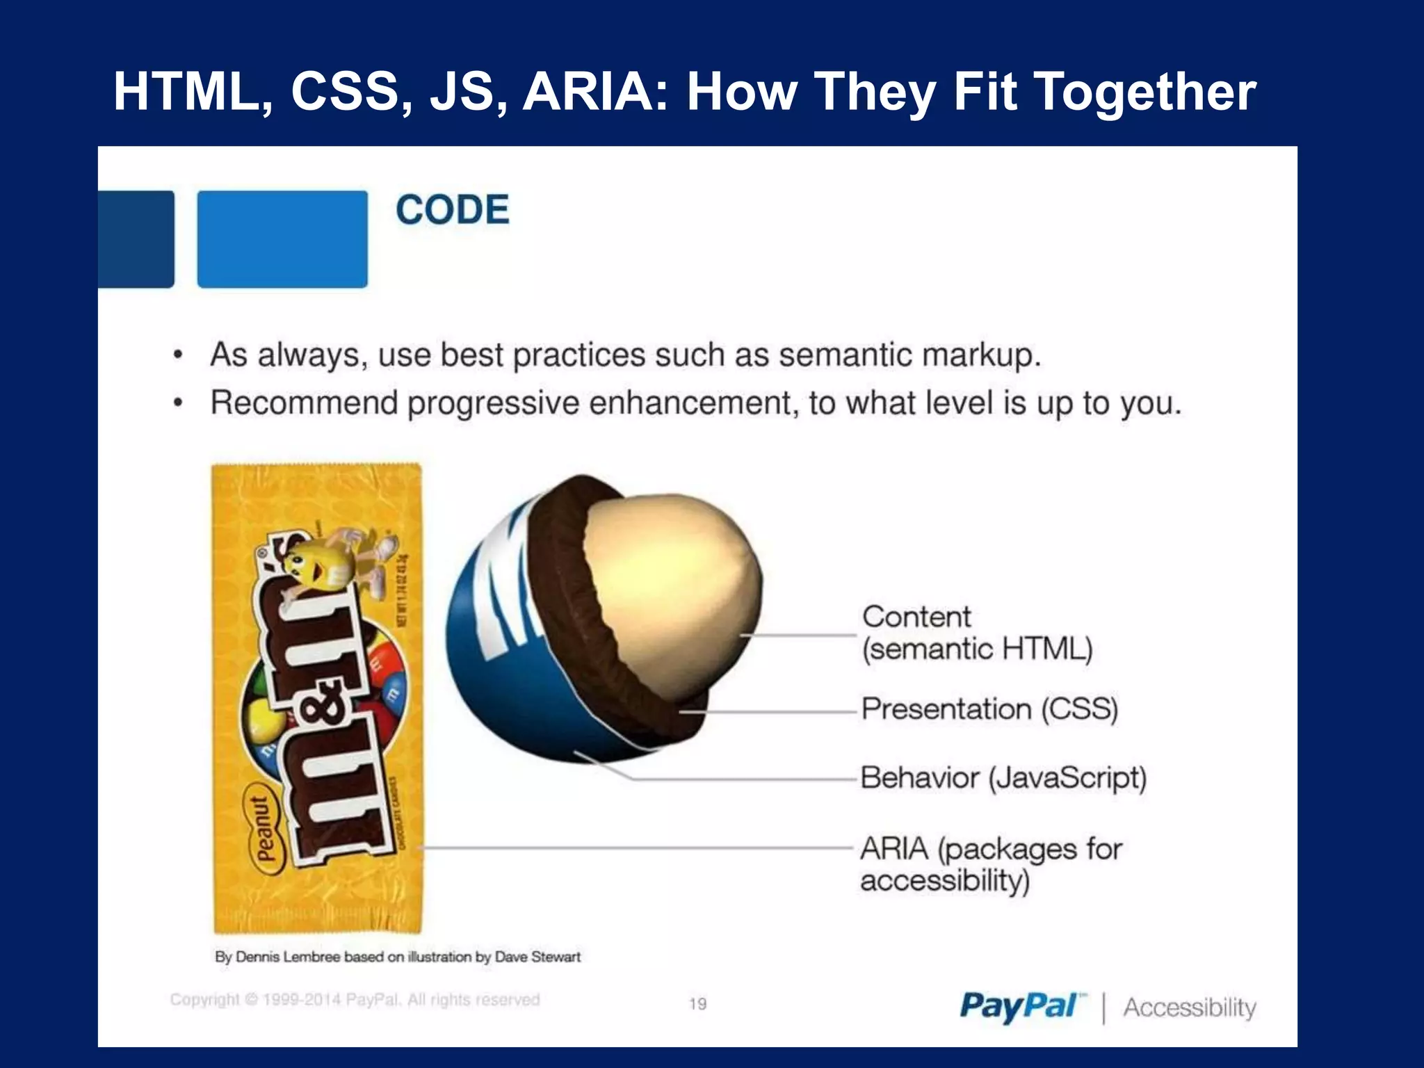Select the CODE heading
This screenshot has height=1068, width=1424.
[x=453, y=209]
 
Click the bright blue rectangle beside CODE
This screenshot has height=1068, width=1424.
[x=282, y=239]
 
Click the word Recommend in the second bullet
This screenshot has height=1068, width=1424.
[x=304, y=403]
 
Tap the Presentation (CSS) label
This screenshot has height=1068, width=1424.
[x=989, y=709]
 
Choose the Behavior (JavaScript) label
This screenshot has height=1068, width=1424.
[x=1003, y=777]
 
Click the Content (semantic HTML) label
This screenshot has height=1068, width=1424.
[x=976, y=633]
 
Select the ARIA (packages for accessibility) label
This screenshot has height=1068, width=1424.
[x=990, y=864]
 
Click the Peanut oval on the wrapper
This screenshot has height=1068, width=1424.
[x=262, y=829]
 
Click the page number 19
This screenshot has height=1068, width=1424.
[x=697, y=1003]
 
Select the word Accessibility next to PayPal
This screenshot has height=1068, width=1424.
[x=1190, y=1008]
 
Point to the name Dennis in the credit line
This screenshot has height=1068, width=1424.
[x=258, y=957]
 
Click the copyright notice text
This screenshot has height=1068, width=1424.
[x=355, y=1000]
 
